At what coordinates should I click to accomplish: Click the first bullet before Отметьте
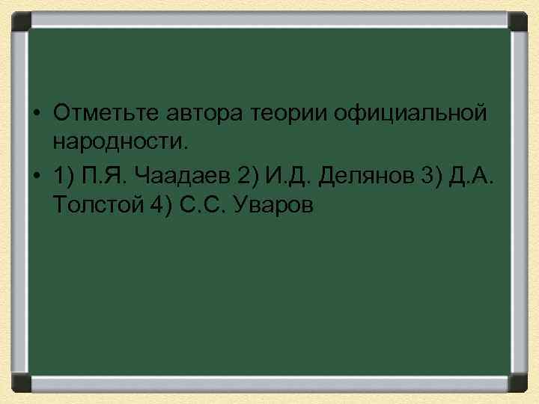[36, 114]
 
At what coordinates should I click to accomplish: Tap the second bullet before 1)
[36, 177]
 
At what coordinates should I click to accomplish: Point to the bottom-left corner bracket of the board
[20, 382]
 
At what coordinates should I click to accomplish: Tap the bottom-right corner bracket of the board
[519, 382]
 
